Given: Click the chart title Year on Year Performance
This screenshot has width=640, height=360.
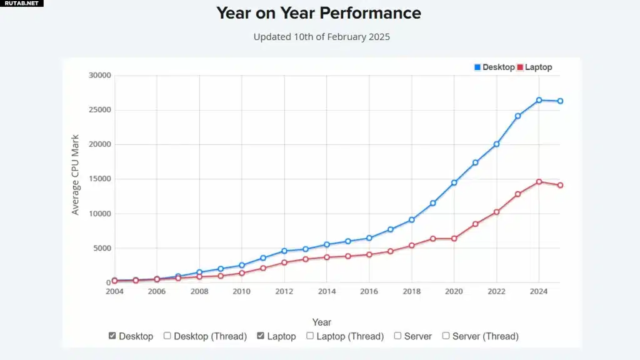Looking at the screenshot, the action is coord(318,13).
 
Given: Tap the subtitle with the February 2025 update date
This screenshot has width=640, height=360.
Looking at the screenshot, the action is coord(322,37).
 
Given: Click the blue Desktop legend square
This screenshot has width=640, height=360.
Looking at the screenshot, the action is coord(477,67).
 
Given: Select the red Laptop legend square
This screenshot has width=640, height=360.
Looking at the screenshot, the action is coord(520,67).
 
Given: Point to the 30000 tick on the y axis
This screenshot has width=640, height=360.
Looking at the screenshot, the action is coord(99,75).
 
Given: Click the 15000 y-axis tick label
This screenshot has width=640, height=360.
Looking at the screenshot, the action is coord(99,179).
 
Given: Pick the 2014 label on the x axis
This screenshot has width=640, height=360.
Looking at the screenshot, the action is coord(326,291).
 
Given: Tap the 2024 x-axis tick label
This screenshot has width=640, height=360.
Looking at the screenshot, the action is coord(539,291).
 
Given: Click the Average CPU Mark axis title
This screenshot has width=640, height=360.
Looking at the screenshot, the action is coord(75,175).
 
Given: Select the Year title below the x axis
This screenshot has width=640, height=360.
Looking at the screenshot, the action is coord(322,322).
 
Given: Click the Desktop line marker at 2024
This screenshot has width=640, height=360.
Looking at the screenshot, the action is coord(539,100).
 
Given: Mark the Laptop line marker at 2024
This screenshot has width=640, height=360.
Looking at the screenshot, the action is coord(539,182).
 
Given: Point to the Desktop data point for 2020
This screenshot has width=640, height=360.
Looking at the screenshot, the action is coord(454,183).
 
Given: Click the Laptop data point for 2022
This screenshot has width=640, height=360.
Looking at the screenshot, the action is coord(497,212).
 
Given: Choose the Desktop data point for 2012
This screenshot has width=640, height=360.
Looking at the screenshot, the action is coord(284,251).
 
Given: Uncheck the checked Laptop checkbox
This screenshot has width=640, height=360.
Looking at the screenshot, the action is coord(261,336).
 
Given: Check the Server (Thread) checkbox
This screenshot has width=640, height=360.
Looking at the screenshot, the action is coord(446,336).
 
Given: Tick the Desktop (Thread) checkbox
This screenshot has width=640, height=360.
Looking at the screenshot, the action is coord(167,336).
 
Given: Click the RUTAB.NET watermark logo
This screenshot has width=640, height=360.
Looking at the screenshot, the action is coord(22,3).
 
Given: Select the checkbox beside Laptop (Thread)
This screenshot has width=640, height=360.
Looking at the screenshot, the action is coord(310,336).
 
